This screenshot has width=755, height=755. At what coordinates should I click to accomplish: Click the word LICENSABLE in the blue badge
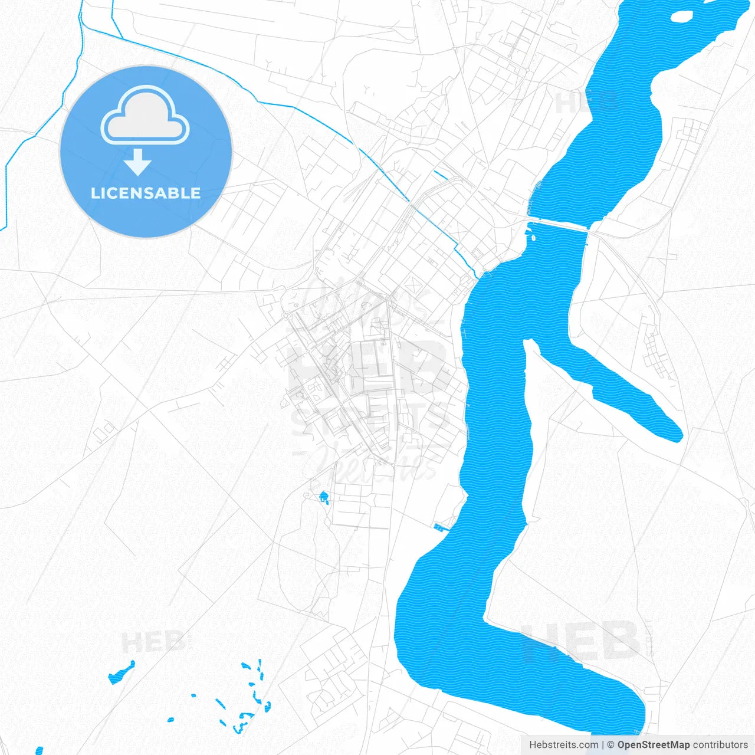pyautogui.click(x=146, y=193)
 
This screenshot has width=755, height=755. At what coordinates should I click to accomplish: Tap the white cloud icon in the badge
pyautogui.click(x=145, y=116)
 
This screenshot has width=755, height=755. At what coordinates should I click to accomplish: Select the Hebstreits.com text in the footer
pyautogui.click(x=564, y=745)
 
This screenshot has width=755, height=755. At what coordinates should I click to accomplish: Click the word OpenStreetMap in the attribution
pyautogui.click(x=653, y=745)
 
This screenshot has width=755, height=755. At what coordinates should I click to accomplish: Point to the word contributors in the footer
pyautogui.click(x=720, y=745)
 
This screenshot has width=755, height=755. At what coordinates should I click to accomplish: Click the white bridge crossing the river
pyautogui.click(x=558, y=224)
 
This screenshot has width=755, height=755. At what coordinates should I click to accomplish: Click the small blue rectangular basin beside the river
pyautogui.click(x=440, y=527)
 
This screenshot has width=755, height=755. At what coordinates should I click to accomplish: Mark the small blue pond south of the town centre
pyautogui.click(x=323, y=497)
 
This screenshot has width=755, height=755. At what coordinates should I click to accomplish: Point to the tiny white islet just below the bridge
pyautogui.click(x=533, y=238)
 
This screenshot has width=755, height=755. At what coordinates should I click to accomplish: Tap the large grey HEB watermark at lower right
pyautogui.click(x=581, y=641)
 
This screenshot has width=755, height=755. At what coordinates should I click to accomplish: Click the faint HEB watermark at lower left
pyautogui.click(x=153, y=642)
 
